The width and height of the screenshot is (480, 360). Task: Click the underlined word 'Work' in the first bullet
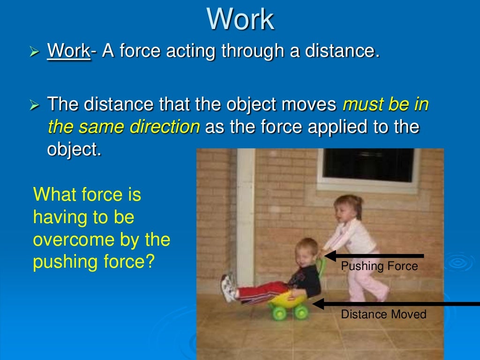(68, 51)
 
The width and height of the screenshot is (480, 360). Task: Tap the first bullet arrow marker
(34, 51)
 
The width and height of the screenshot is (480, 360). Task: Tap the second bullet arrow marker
(34, 105)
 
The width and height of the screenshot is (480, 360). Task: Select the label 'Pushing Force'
(379, 266)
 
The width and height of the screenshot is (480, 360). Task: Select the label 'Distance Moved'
(383, 314)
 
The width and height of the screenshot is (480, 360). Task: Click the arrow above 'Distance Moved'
(394, 304)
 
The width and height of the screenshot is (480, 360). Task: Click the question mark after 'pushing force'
(150, 262)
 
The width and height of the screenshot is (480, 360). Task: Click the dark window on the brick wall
(368, 165)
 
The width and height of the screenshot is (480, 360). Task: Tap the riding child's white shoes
(229, 288)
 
